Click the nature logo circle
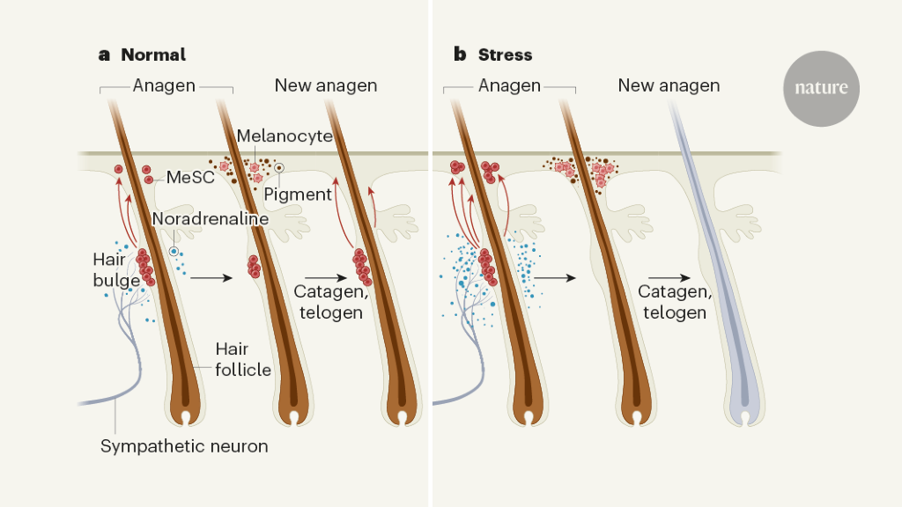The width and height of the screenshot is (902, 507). coord(821,88)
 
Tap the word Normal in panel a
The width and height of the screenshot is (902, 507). coord(153,55)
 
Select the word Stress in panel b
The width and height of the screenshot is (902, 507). coord(505,55)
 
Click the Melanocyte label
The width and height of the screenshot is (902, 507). coord(285,136)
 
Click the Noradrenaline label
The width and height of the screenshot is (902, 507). coord(210,218)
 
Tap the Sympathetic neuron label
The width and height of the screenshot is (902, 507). coord(184,446)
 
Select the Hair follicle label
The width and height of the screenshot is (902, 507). coord(243,360)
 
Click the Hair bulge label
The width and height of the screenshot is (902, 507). coord(115,270)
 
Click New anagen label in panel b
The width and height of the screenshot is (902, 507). coord(669,85)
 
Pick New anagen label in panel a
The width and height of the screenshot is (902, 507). coord(326,85)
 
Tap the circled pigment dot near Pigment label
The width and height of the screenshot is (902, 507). coord(279,167)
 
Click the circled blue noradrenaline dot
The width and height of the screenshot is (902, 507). coord(174,252)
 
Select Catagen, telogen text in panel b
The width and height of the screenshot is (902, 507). coord(673,302)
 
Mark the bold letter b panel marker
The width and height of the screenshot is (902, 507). coord(460,55)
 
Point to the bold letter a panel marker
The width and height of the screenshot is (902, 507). coord(104,55)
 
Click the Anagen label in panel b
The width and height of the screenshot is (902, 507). coord(509,85)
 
